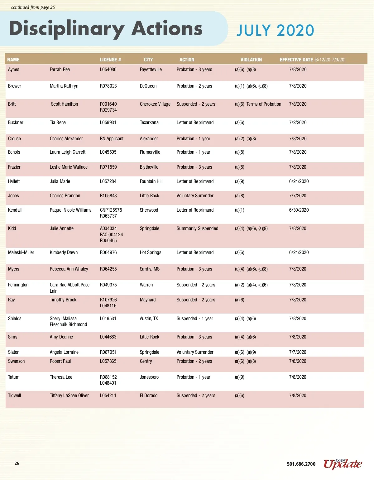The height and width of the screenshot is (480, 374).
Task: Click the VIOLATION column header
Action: coord(251,60)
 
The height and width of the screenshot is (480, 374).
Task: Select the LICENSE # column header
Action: coord(110,60)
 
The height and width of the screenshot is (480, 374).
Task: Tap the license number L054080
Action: coord(108,70)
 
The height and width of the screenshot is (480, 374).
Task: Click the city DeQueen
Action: coord(148,86)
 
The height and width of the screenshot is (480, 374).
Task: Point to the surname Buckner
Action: coord(16,122)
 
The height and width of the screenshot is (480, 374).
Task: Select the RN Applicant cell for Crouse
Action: coord(112,139)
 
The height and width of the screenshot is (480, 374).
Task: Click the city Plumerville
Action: coord(150,152)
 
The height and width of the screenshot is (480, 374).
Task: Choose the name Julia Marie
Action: coord(60,181)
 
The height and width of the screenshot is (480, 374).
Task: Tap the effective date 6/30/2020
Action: coord(299,210)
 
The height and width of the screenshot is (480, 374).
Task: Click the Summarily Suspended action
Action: coord(197,228)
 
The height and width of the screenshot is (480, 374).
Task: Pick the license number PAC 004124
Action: coord(111,234)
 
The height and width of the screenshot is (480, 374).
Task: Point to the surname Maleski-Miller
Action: coord(21,252)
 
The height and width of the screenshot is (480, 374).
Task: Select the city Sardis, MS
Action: coord(150,269)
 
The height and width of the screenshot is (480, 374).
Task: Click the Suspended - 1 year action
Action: coord(195,319)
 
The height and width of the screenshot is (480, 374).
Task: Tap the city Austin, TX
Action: coord(149,319)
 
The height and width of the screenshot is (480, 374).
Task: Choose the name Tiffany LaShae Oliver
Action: coord(69,396)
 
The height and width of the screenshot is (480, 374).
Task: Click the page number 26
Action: coord(17,463)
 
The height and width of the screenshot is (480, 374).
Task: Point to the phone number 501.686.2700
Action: coord(301,464)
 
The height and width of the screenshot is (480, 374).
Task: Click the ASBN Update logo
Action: coord(343,464)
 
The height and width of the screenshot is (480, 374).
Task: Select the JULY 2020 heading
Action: coord(275,31)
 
